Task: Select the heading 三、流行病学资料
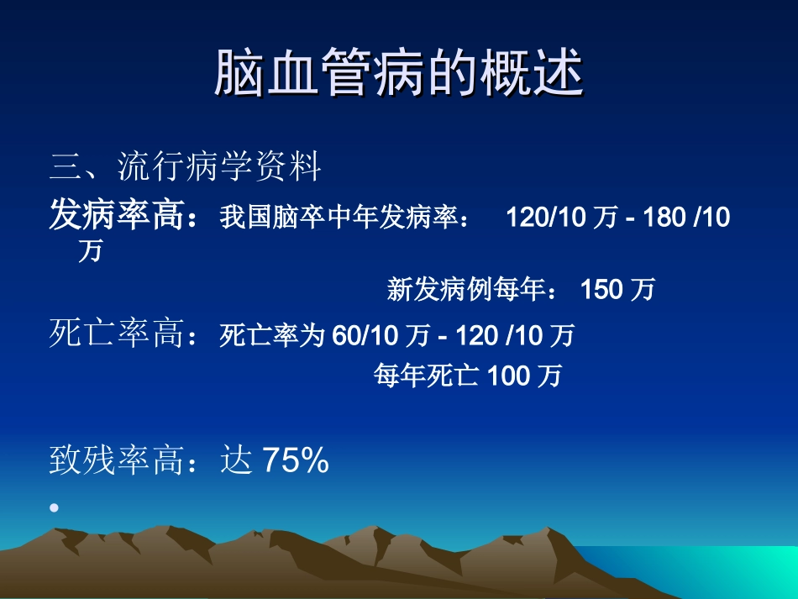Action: (186, 167)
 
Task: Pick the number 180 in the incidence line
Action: (664, 218)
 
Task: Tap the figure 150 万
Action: (617, 291)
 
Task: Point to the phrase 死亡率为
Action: (271, 336)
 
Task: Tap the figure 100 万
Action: (524, 376)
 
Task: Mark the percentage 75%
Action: (295, 460)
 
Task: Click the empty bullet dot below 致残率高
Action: (55, 507)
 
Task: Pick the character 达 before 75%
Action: (236, 460)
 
